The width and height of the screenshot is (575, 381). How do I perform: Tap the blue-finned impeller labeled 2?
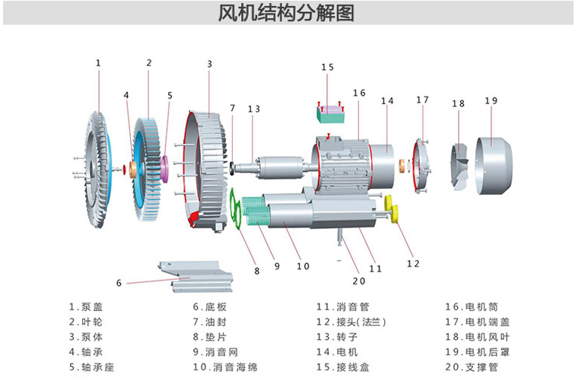(x=149, y=170)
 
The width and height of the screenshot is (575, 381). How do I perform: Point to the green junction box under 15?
(x=330, y=114)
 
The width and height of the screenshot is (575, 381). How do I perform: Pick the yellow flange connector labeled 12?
(x=393, y=210)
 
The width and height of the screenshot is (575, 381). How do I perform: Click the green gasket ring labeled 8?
(x=238, y=209)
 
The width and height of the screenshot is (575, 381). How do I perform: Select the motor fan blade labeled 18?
(x=460, y=164)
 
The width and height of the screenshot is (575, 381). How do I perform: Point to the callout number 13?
(x=253, y=110)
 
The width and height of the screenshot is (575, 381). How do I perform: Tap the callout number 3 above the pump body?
(x=210, y=64)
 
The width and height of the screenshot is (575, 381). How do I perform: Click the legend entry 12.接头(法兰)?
(x=351, y=322)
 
